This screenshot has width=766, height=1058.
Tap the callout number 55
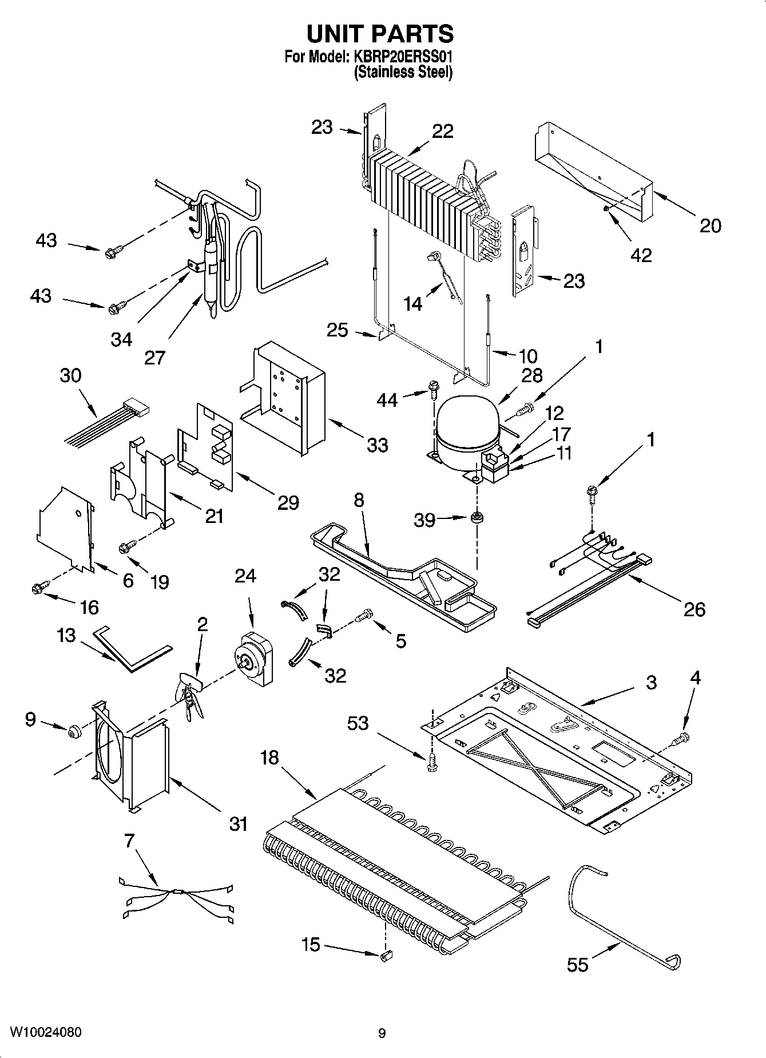[x=577, y=965]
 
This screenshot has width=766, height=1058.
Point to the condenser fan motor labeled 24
[x=254, y=659]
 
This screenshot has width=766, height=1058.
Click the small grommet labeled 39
[x=475, y=518]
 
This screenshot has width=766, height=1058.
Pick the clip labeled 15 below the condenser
[x=386, y=954]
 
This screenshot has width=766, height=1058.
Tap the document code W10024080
[x=46, y=1032]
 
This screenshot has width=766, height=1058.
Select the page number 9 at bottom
[x=382, y=1033]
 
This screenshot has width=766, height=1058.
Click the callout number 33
[x=377, y=445]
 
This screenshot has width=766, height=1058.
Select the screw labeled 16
[x=40, y=587]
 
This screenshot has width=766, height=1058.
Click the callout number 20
[x=710, y=225]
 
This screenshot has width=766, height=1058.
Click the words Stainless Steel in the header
[x=403, y=73]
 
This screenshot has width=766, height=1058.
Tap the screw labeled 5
[x=364, y=615]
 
